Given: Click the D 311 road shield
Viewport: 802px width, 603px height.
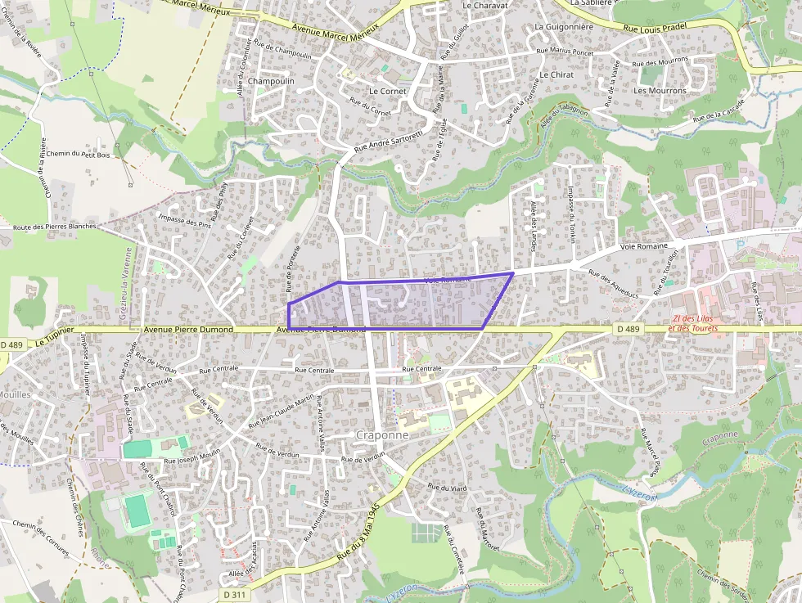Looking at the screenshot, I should pyautogui.click(x=232, y=594).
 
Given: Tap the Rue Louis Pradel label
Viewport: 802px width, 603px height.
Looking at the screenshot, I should pyautogui.click(x=653, y=27).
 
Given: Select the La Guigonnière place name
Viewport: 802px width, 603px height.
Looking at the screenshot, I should pyautogui.click(x=563, y=26).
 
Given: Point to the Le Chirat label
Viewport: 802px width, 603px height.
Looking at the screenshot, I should pyautogui.click(x=556, y=74).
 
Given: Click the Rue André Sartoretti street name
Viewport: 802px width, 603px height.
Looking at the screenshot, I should pyautogui.click(x=388, y=142).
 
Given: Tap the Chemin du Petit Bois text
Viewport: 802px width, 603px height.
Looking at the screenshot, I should pyautogui.click(x=78, y=153).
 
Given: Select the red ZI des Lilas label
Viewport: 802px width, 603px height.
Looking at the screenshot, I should pyautogui.click(x=695, y=319).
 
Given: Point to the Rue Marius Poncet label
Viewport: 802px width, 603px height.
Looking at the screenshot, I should pyautogui.click(x=564, y=52).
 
